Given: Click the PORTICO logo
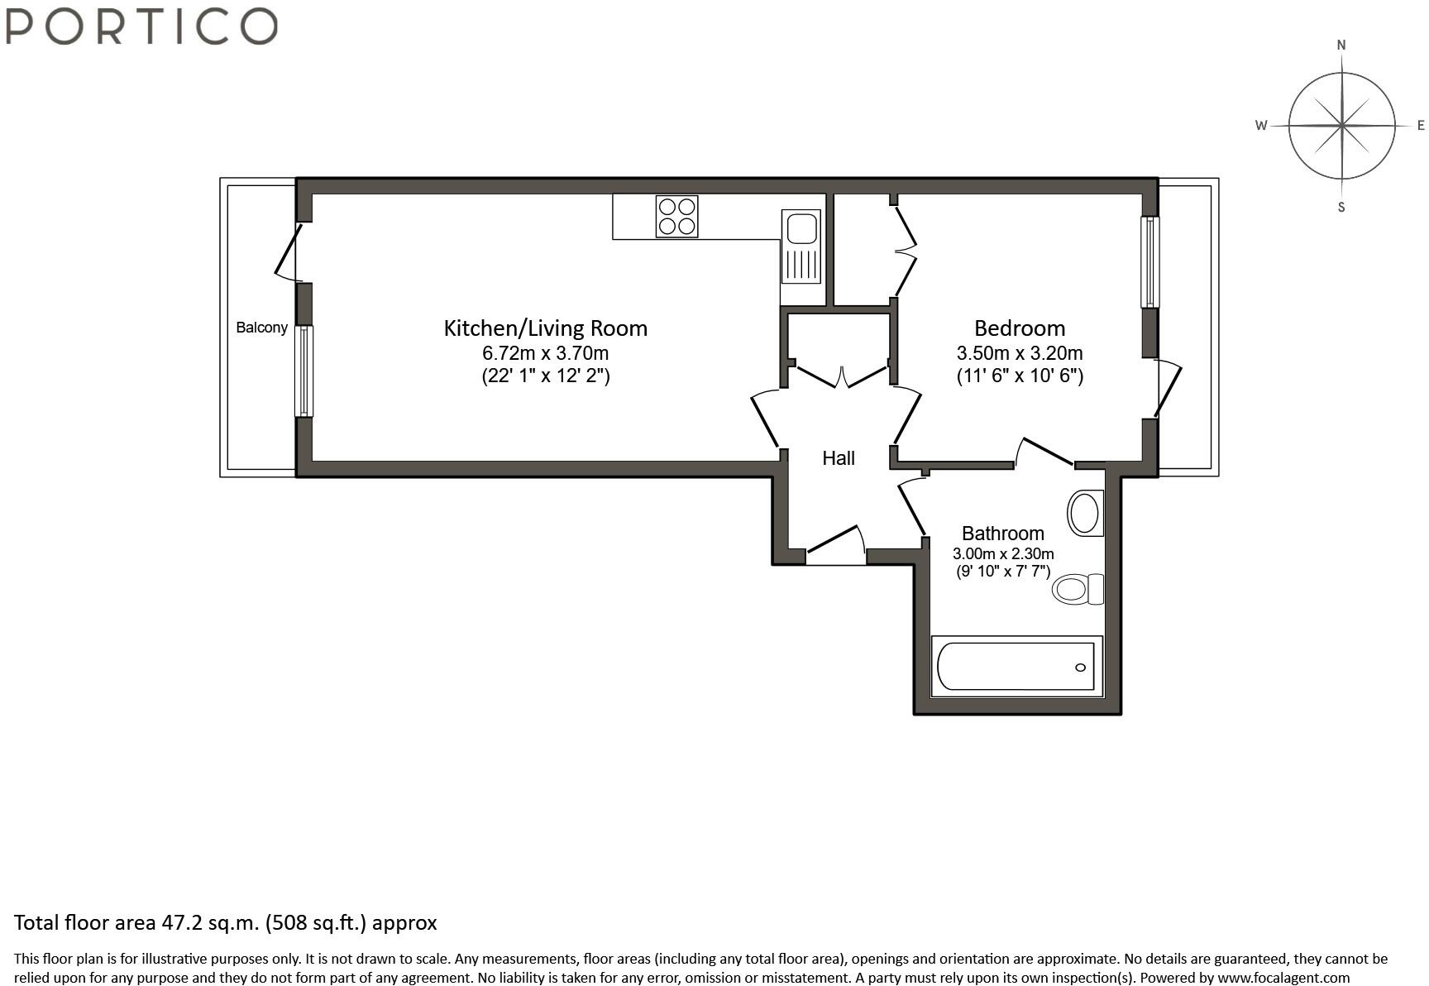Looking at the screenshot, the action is pos(141,26).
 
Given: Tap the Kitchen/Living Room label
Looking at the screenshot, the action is pos(546,328).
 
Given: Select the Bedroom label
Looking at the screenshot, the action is pos(1020,328).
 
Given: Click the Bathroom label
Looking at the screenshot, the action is pos(1003,534).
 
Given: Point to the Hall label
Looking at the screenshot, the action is pos(839,458).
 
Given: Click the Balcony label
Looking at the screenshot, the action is pos(261,328).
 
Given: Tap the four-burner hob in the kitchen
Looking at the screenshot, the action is pos(676,216).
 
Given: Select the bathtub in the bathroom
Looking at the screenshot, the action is pos(1017,666).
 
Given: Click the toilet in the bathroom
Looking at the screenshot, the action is pos(1078,589).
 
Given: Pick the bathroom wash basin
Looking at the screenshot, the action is pos(1085,513).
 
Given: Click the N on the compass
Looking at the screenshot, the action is pos(1341,45).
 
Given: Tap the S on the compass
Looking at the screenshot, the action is pos(1341,207).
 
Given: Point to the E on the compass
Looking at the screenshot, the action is pos(1422,126).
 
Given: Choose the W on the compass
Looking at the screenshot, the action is pos(1261,126).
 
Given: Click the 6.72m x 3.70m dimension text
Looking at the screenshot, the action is pos(546,353).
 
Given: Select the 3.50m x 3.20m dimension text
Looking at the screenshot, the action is pos(1020,353).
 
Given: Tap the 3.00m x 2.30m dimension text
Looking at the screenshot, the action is pos(1003,553).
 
